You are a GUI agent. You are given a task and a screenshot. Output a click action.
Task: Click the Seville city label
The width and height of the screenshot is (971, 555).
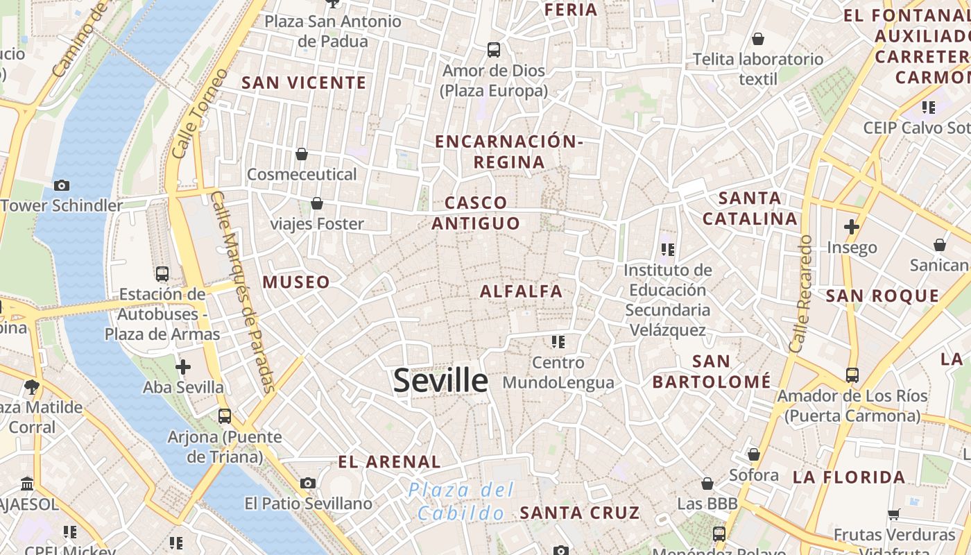click(440, 381)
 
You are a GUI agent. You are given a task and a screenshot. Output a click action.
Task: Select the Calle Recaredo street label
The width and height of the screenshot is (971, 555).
click(800, 293)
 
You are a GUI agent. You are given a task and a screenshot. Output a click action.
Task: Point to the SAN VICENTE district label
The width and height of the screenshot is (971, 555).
click(304, 83)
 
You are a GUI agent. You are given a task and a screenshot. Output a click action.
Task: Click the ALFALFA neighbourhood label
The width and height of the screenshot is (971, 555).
click(522, 291)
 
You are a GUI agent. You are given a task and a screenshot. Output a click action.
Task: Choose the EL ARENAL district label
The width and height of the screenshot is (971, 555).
click(389, 462)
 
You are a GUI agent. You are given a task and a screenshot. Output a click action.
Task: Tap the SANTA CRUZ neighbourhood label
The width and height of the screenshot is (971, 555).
click(580, 513)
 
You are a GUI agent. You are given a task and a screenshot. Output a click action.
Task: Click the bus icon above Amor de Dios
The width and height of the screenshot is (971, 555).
click(494, 50)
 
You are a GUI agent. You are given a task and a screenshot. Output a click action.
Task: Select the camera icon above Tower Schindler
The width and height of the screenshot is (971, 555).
click(62, 185)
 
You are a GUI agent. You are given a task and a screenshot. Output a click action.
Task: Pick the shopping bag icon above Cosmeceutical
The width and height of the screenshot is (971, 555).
click(302, 154)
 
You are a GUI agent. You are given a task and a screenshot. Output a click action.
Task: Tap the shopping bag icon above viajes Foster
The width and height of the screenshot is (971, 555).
click(317, 203)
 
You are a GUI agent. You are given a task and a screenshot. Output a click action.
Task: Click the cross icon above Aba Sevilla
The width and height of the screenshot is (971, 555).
click(183, 366)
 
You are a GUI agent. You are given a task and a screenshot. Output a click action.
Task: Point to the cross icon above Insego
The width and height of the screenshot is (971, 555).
click(852, 227)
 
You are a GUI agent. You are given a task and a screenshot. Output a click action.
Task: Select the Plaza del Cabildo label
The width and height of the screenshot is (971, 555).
click(461, 502)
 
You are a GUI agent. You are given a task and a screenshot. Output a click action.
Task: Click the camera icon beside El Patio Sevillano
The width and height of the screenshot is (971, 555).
click(308, 483)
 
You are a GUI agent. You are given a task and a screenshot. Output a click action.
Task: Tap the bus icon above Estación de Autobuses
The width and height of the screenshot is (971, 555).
click(162, 274)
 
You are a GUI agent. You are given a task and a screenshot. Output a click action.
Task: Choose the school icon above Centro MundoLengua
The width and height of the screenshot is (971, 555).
click(558, 341)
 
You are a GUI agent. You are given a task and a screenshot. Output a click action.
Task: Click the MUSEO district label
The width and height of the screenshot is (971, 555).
click(296, 282)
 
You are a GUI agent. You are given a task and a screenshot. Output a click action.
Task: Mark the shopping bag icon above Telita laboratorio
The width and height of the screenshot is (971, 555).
click(758, 39)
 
